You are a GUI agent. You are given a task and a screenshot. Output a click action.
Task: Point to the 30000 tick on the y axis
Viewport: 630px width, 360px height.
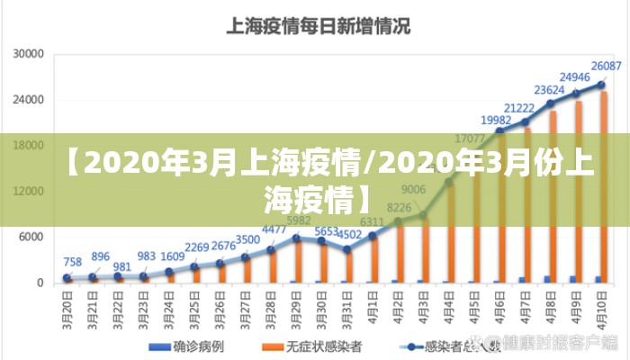pyautogui.click(x=29, y=54)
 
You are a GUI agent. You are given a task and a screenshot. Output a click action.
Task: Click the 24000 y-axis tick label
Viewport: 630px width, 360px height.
pyautogui.click(x=29, y=100)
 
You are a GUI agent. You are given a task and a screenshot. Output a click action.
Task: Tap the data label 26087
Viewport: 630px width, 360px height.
pyautogui.click(x=606, y=66)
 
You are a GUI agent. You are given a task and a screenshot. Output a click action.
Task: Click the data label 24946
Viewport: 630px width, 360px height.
pyautogui.click(x=574, y=77)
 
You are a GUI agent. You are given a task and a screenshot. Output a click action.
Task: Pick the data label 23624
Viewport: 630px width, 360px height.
pyautogui.click(x=549, y=90)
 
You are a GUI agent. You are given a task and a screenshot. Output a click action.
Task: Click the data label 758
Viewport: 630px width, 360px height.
pyautogui.click(x=73, y=263)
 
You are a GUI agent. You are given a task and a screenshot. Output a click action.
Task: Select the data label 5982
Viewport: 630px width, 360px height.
pyautogui.click(x=299, y=220)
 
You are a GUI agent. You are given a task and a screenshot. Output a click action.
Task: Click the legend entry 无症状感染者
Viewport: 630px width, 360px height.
pyautogui.click(x=315, y=346)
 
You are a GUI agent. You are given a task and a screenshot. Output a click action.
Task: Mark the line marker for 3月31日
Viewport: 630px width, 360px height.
pyautogui.click(x=347, y=249)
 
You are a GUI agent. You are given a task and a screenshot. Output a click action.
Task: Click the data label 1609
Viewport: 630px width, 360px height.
pyautogui.click(x=173, y=256)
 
